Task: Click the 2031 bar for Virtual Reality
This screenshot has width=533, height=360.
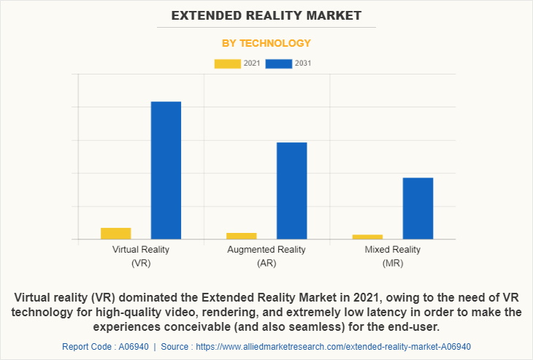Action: click(166, 170)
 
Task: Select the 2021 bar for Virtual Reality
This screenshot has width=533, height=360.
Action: click(115, 234)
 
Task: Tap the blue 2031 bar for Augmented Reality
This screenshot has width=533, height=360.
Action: click(291, 191)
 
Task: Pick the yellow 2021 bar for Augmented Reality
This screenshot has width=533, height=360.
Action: click(241, 236)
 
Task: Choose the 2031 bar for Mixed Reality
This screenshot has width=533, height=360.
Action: click(418, 208)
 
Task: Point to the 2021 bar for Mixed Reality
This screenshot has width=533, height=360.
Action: click(367, 237)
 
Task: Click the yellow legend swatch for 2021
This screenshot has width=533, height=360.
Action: click(227, 64)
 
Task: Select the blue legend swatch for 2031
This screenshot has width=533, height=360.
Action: click(279, 64)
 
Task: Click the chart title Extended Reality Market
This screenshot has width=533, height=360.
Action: click(266, 15)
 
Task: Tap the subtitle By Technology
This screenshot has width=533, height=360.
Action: click(266, 43)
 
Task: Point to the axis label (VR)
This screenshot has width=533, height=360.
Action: click(141, 263)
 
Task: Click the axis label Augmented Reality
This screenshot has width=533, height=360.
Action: click(266, 250)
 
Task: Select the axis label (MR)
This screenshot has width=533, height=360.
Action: click(393, 263)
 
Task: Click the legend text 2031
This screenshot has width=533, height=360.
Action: click(303, 64)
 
